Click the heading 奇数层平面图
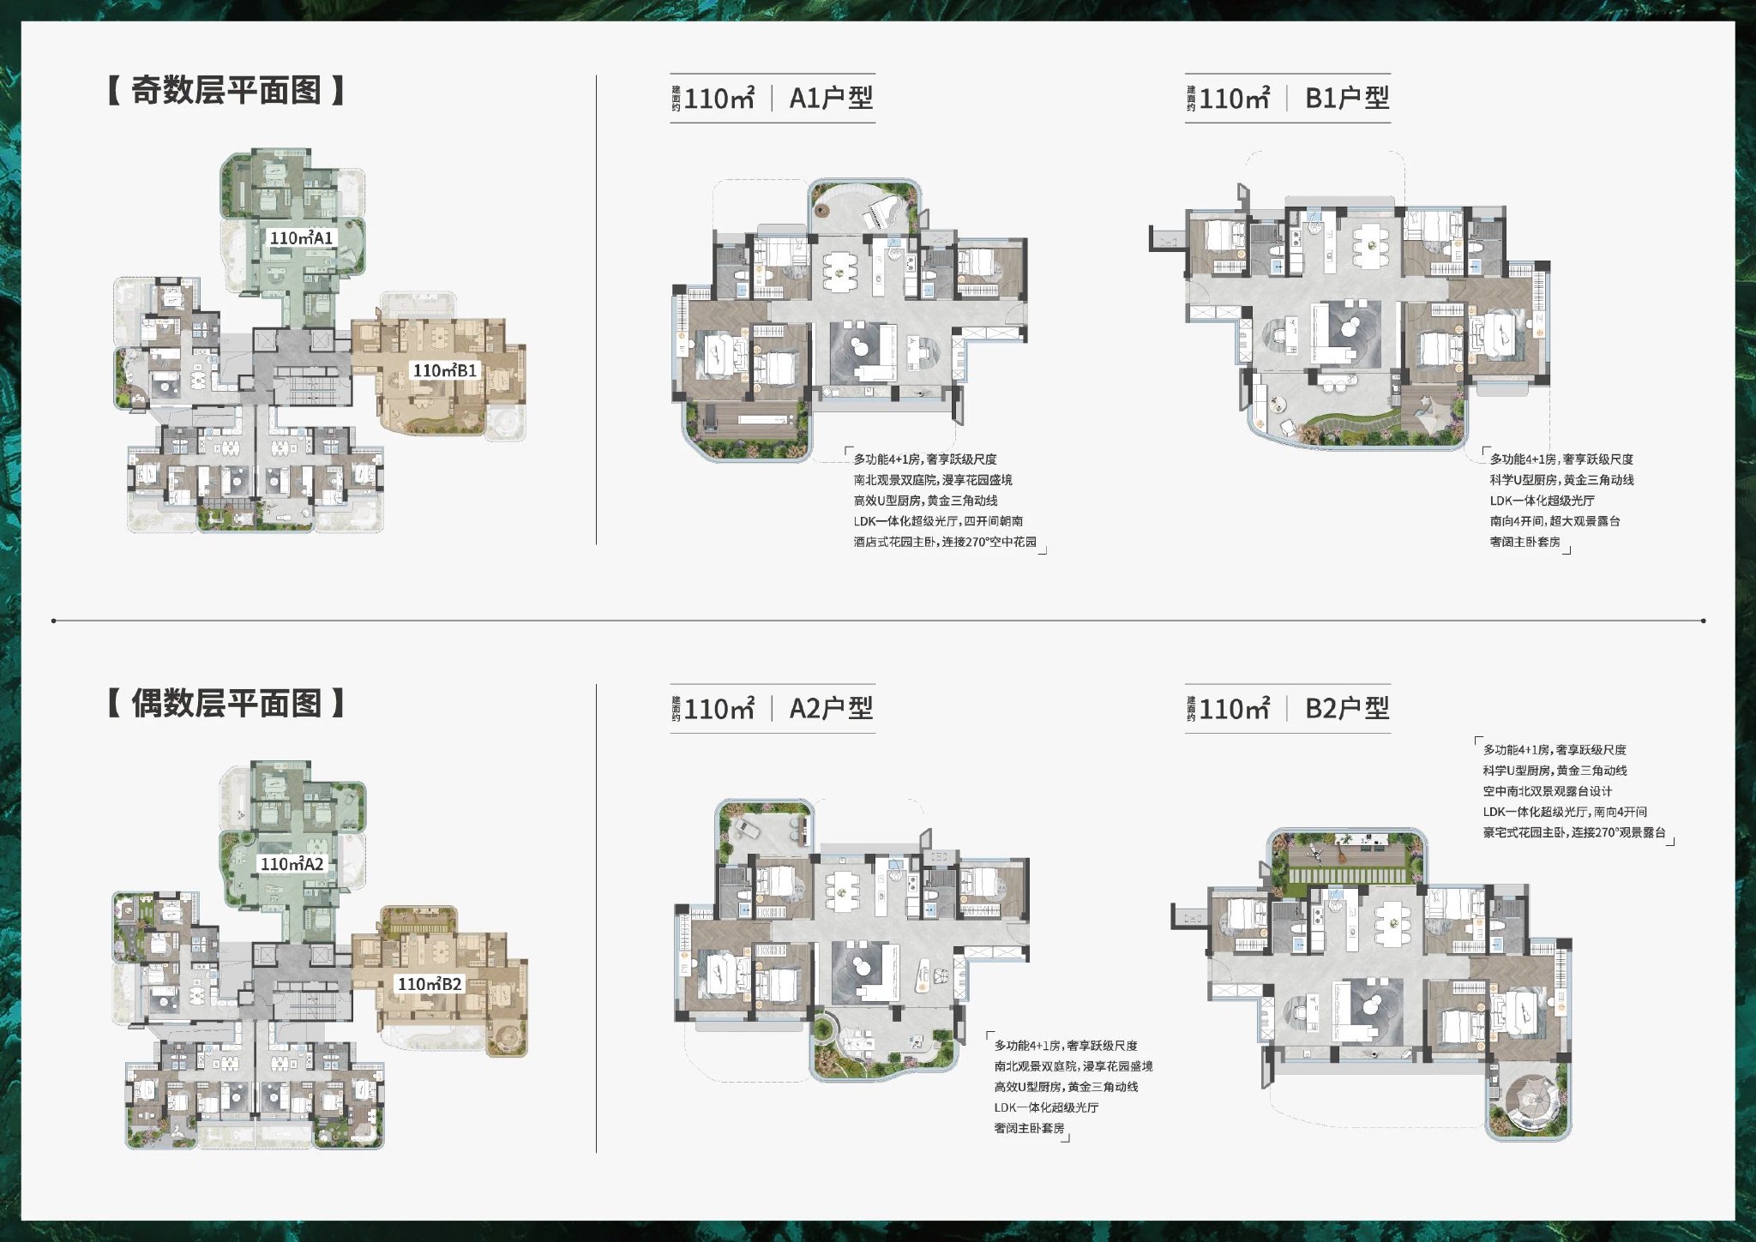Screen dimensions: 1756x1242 pyautogui.click(x=226, y=90)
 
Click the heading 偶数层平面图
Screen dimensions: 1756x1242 pyautogui.click(x=226, y=703)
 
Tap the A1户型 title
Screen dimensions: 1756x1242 pyautogui.click(x=831, y=98)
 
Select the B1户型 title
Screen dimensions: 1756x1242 pyautogui.click(x=1347, y=98)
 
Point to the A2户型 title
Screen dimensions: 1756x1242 pyautogui.click(x=831, y=708)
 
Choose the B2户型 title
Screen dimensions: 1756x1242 pyautogui.click(x=1347, y=708)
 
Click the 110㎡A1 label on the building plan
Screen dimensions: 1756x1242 pyautogui.click(x=301, y=237)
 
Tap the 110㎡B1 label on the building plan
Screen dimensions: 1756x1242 pyautogui.click(x=445, y=370)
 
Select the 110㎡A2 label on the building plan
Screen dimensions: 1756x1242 pyautogui.click(x=292, y=864)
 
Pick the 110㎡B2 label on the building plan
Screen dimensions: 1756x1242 pyautogui.click(x=430, y=984)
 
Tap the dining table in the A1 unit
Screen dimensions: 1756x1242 pyautogui.click(x=839, y=272)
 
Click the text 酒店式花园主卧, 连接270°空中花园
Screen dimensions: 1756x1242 pyautogui.click(x=945, y=542)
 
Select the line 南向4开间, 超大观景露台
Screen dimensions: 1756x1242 pyautogui.click(x=1555, y=521)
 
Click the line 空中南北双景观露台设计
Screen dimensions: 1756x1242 pyautogui.click(x=1548, y=791)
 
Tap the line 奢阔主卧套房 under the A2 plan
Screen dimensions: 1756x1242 pyautogui.click(x=1029, y=1128)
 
